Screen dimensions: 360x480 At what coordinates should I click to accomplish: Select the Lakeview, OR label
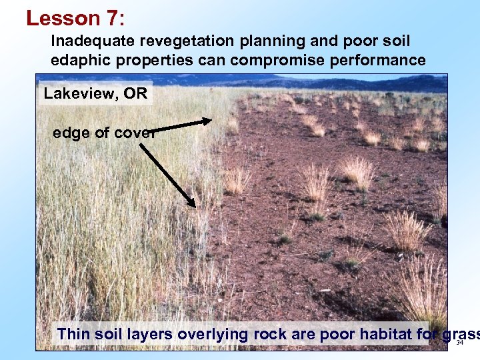95,93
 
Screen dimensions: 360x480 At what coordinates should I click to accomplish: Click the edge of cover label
104,133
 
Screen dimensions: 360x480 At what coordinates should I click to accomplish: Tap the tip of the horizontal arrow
211,121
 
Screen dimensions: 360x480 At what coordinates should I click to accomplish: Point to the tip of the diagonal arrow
195,206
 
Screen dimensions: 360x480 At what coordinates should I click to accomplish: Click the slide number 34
459,343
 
